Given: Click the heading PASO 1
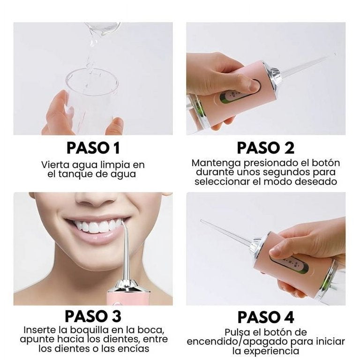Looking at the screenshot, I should coord(93,148).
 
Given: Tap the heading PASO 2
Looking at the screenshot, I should coord(266,148).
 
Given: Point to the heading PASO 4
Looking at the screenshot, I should coord(266,317).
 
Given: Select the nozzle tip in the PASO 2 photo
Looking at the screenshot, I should coord(334,55).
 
